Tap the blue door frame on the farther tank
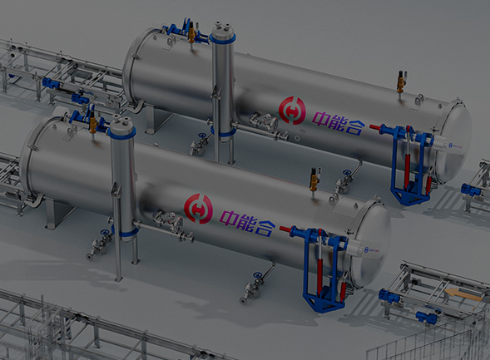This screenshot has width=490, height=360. tap(409, 162)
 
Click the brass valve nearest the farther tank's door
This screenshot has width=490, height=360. tap(401, 84)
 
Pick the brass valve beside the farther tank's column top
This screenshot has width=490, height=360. tap(192, 35)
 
